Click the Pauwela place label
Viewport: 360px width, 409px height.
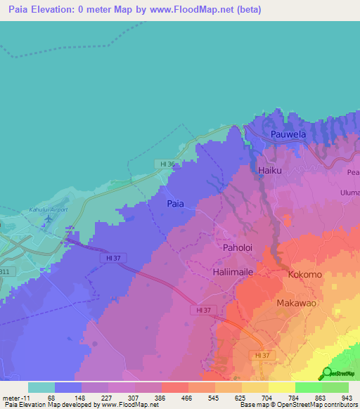click(290, 133)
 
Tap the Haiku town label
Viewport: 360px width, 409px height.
click(270, 170)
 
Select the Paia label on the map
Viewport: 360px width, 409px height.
click(175, 203)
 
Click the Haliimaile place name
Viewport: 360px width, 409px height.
click(237, 271)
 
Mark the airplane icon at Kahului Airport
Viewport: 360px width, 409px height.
click(48, 220)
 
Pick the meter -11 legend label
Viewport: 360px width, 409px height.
click(14, 397)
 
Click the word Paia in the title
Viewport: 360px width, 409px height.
click(22, 8)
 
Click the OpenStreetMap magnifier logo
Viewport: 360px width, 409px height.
click(328, 373)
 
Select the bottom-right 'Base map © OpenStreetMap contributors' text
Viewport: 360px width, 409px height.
click(298, 405)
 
